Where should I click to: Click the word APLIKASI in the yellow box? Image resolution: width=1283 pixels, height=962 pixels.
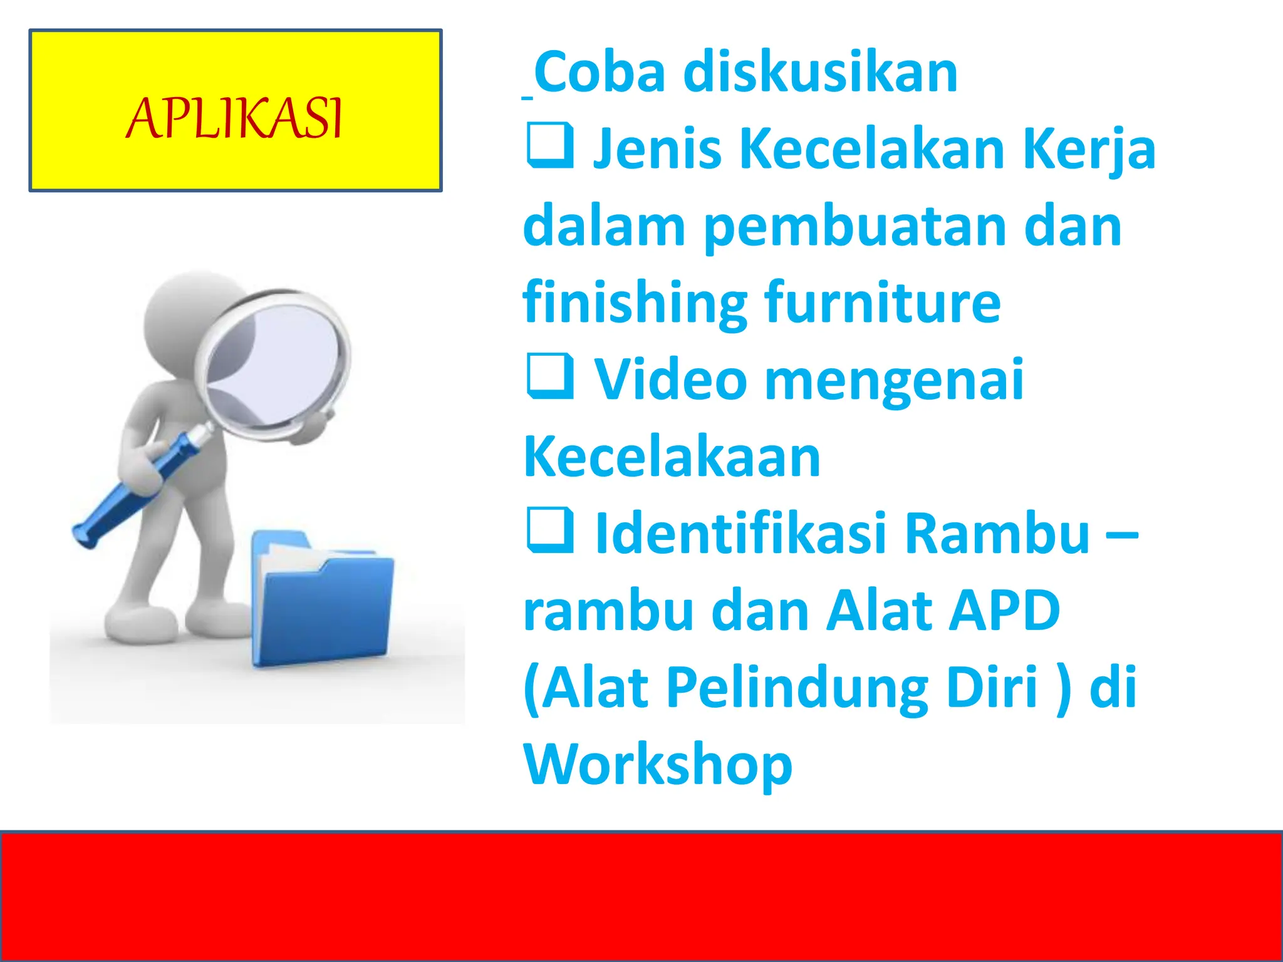pyautogui.click(x=234, y=118)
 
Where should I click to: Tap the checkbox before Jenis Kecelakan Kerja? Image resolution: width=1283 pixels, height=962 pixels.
pyautogui.click(x=550, y=147)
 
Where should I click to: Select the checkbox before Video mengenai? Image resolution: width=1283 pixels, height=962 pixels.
pyautogui.click(x=550, y=377)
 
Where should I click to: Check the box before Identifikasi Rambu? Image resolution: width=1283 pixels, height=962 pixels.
pyautogui.click(x=550, y=531)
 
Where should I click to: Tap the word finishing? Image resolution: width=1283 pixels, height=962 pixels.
pyautogui.click(x=635, y=303)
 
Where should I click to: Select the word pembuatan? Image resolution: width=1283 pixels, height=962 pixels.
pyautogui.click(x=854, y=227)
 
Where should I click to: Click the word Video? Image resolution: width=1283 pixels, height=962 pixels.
pyautogui.click(x=670, y=380)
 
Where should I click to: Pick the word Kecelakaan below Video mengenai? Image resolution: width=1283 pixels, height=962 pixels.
pyautogui.click(x=672, y=457)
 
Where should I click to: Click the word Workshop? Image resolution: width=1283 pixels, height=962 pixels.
pyautogui.click(x=658, y=764)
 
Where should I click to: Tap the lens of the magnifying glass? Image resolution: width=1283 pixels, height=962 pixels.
pyautogui.click(x=276, y=363)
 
